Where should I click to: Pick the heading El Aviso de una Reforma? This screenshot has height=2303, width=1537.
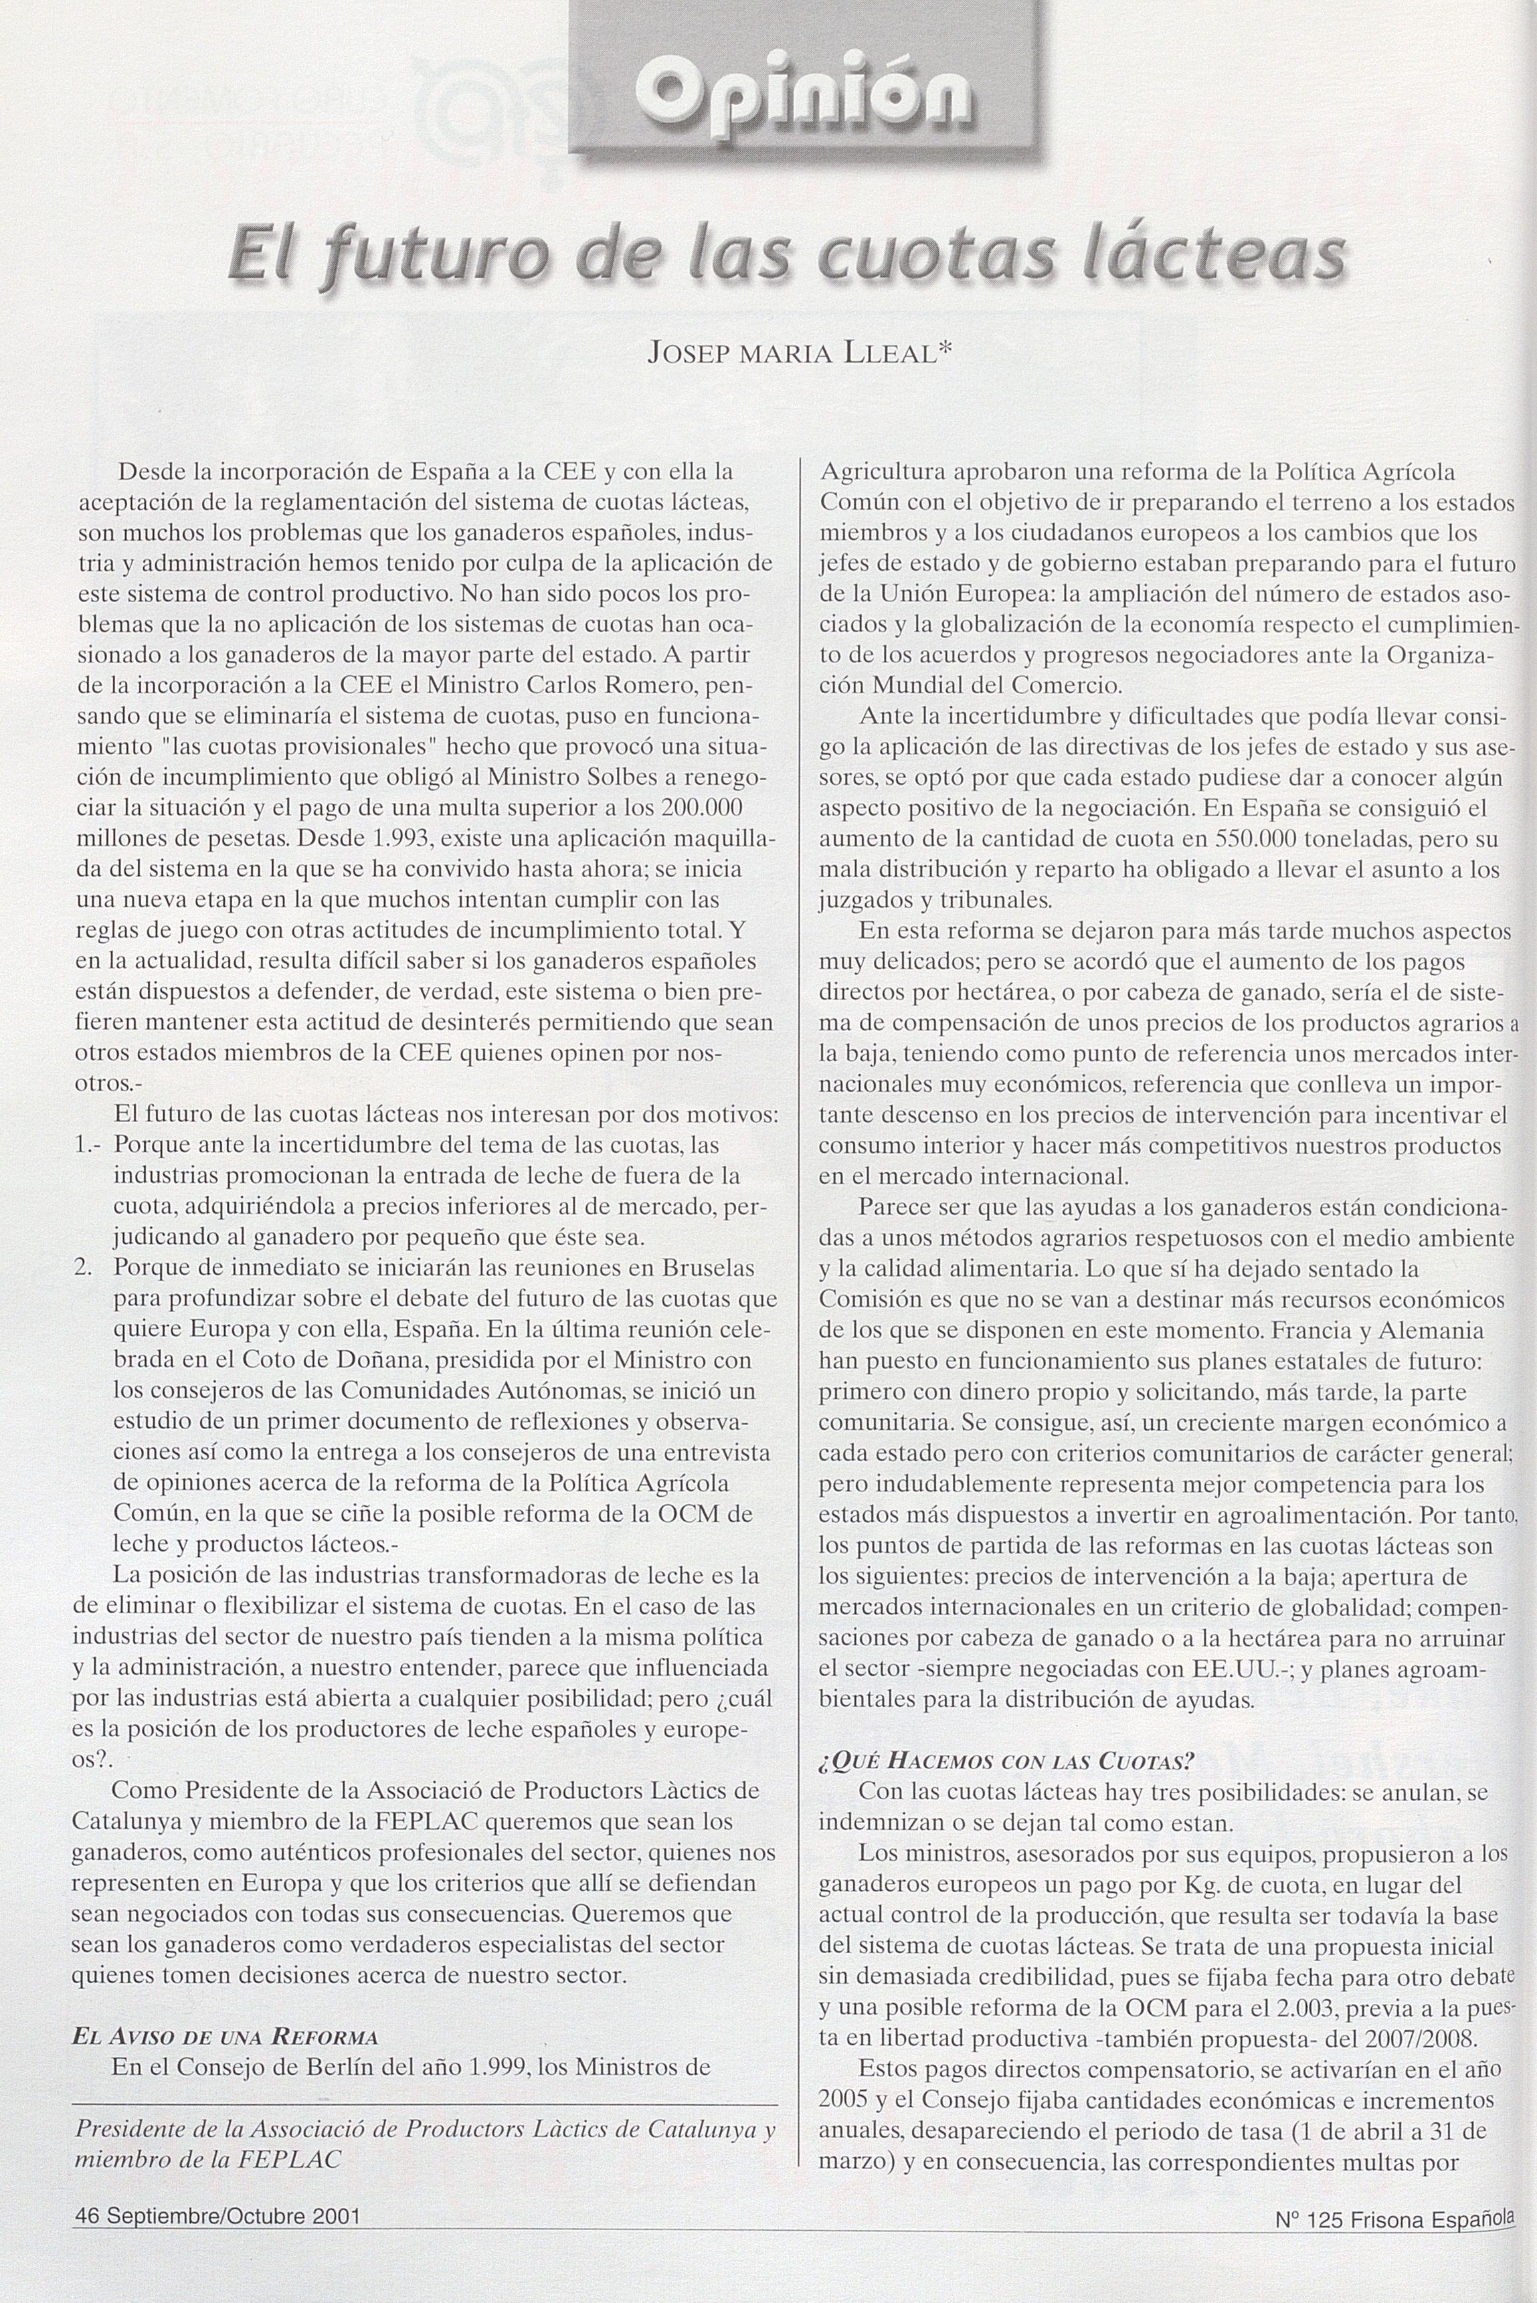[225, 2035]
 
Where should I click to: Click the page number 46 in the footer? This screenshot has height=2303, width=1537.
[87, 2241]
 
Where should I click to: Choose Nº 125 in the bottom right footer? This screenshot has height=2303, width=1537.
[1309, 2241]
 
